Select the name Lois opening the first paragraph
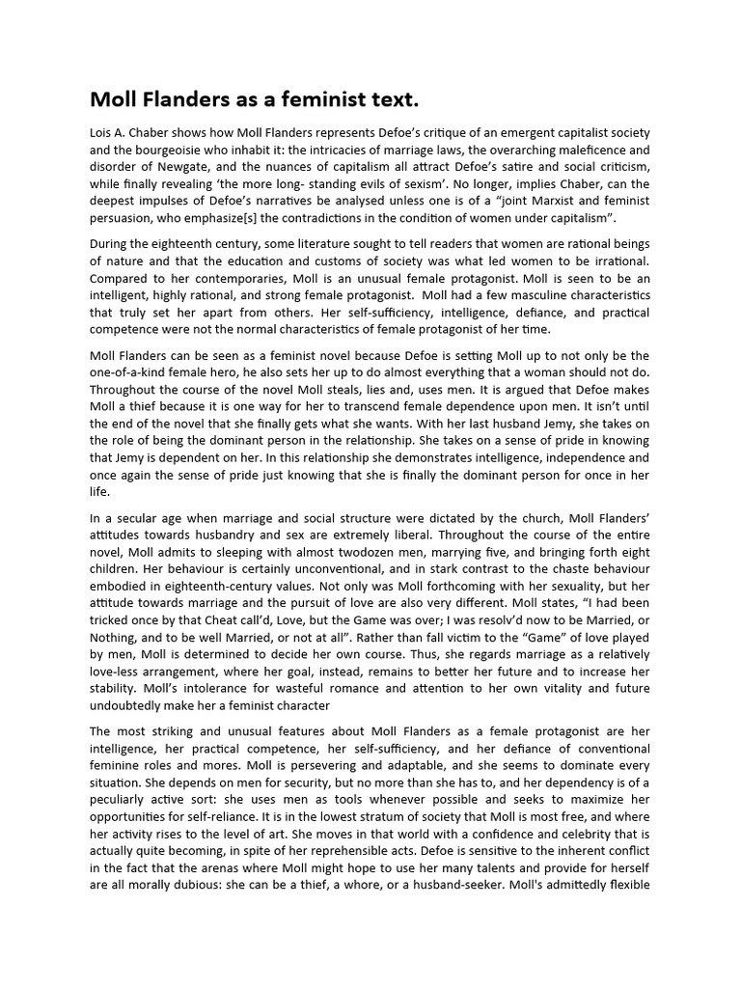click(102, 132)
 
